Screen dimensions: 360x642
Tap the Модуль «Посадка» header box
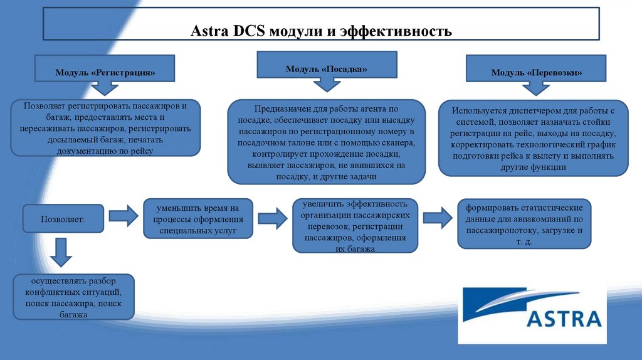tap(326, 66)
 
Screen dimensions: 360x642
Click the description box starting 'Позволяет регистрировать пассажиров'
tap(105, 128)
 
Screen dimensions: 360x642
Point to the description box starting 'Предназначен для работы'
tap(325, 142)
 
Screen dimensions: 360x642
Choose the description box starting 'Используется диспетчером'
tap(534, 138)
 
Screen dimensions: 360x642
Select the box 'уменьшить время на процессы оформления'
tap(197, 219)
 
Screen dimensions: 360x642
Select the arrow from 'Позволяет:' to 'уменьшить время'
tap(123, 216)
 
